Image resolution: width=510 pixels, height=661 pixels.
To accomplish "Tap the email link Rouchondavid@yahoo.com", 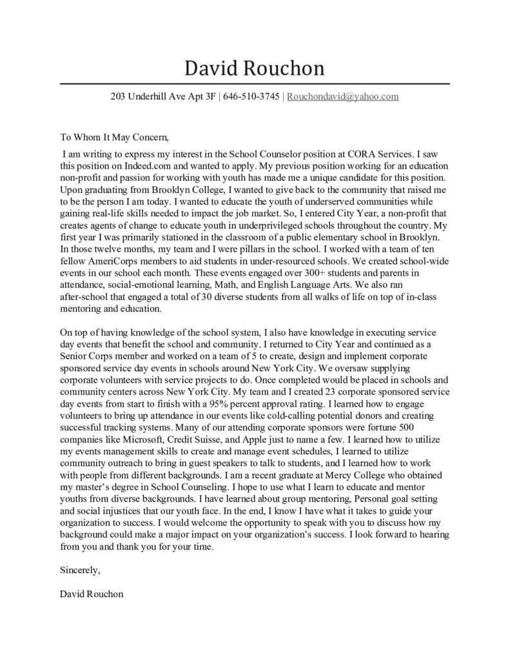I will coord(342,97).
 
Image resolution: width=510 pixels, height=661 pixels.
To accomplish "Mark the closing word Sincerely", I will coord(79,571).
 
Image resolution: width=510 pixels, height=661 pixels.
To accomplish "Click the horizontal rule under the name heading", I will coord(255,84).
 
